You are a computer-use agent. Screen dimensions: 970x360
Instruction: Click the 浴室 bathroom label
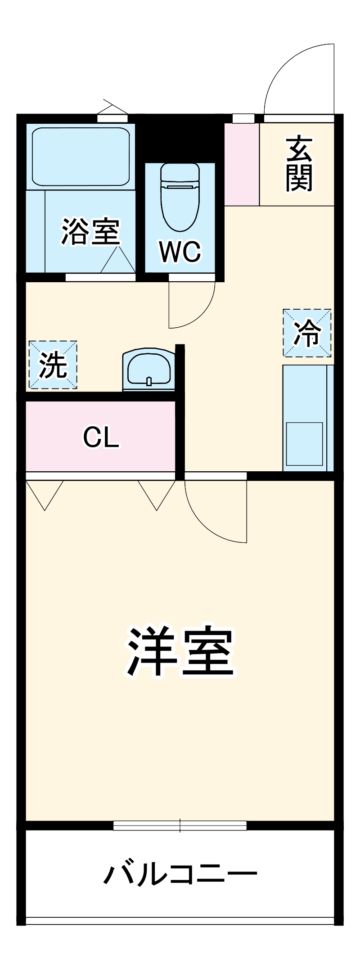point(90,232)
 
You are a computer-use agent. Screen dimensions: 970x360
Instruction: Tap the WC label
point(180,252)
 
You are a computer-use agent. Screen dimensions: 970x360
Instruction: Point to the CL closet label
point(101,437)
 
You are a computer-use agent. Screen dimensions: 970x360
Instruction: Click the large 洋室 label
point(180,652)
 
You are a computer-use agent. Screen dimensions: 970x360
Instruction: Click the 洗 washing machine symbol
point(53,365)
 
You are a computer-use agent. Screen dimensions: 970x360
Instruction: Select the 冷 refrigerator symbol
point(307,333)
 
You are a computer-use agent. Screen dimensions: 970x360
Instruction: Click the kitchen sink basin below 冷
point(305,443)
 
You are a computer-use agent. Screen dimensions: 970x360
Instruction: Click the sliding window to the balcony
point(180,825)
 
